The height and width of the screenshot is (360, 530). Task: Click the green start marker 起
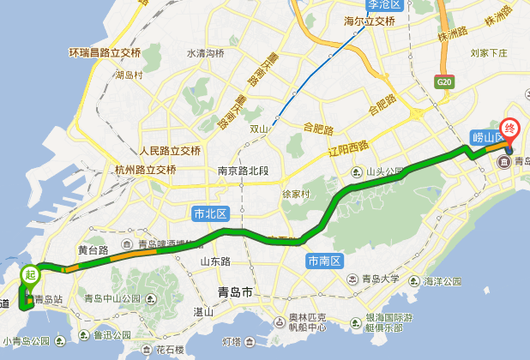tap(31, 276)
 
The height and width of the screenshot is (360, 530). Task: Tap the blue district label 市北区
tap(209, 213)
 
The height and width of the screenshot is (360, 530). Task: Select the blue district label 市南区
tap(325, 260)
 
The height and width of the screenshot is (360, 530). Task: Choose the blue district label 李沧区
tap(384, 4)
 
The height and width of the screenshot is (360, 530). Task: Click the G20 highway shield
tap(443, 81)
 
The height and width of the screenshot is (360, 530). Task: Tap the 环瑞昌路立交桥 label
tap(104, 53)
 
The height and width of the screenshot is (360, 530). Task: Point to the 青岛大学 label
tap(380, 279)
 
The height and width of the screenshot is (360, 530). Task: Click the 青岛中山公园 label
tap(111, 298)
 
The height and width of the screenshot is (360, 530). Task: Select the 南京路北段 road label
tap(243, 170)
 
